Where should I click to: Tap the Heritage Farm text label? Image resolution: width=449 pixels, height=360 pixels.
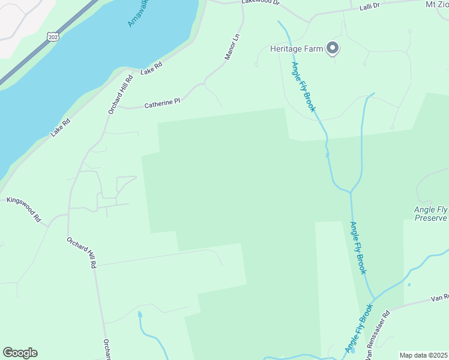pyautogui.click(x=297, y=49)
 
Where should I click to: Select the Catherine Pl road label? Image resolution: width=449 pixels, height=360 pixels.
pyautogui.click(x=162, y=104)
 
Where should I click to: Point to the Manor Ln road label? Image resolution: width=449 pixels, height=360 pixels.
pyautogui.click(x=232, y=46)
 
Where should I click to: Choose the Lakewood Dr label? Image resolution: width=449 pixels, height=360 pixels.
pyautogui.click(x=261, y=2)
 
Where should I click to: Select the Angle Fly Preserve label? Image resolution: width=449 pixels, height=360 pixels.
pyautogui.click(x=430, y=214)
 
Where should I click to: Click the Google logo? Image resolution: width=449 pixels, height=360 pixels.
pyautogui.click(x=20, y=353)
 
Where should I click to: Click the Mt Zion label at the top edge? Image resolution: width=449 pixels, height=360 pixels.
pyautogui.click(x=436, y=4)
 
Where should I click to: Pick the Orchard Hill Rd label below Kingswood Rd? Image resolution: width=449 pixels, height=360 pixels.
pyautogui.click(x=82, y=251)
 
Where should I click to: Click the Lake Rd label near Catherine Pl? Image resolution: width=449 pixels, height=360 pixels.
pyautogui.click(x=151, y=69)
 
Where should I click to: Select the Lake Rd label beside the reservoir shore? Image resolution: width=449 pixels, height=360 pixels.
pyautogui.click(x=61, y=128)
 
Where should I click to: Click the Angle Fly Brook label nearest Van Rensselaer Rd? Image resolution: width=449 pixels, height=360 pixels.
pyautogui.click(x=359, y=329)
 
